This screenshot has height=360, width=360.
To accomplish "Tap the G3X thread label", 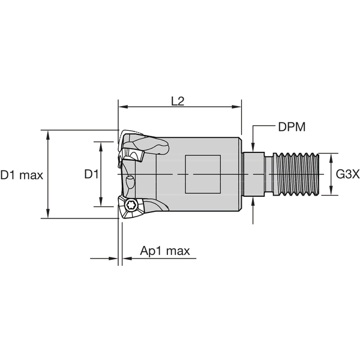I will (347, 175).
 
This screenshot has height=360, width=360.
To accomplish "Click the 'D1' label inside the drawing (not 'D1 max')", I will (91, 175).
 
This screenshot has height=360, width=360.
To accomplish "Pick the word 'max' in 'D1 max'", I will (30, 175).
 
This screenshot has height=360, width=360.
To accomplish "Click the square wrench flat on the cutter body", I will (203, 174).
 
